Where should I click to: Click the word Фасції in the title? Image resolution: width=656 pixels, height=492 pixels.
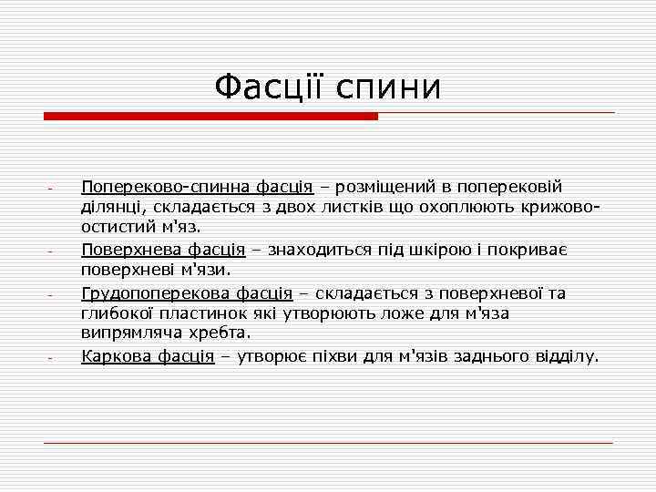click(271, 87)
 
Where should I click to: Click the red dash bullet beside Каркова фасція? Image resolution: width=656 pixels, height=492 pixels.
click(54, 357)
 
